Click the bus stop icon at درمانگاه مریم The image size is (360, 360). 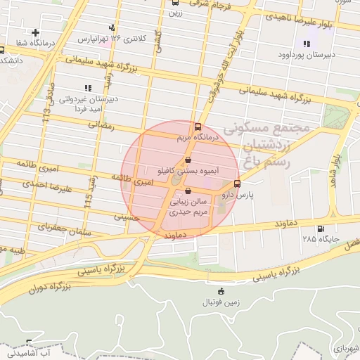tap(197, 127)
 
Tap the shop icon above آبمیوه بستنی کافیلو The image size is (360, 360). tap(187, 160)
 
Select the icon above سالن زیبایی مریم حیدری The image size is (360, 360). tap(187, 191)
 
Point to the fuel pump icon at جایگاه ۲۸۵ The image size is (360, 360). tap(321, 229)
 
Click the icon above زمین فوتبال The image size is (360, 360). tap(221, 291)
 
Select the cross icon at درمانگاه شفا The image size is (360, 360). tap(36, 32)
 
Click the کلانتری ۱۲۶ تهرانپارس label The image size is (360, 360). tap(115, 37)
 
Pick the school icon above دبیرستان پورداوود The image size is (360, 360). tap(306, 44)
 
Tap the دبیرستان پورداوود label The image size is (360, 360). tap(305, 55)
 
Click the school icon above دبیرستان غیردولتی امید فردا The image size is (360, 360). tap(88, 88)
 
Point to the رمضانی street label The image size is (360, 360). tap(100, 124)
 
